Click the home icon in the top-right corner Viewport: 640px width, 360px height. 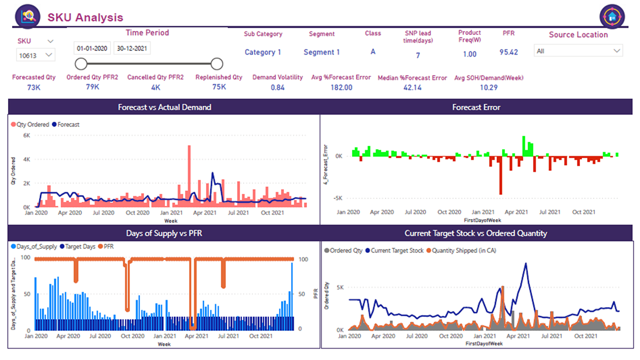click(612, 16)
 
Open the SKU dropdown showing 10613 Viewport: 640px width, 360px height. click(35, 55)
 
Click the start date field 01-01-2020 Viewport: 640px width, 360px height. click(92, 48)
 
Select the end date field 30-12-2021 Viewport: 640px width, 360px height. click(132, 48)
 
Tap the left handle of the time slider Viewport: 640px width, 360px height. click(81, 63)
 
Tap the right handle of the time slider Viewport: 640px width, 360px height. click(217, 63)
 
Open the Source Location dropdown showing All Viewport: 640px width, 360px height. click(578, 51)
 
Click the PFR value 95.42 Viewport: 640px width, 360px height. click(508, 52)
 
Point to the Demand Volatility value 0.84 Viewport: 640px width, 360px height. click(277, 87)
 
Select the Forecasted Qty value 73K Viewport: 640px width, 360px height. click(33, 87)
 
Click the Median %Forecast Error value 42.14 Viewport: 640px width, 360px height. click(412, 87)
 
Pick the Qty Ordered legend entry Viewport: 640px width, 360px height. click(30, 124)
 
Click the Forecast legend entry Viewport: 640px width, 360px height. click(65, 124)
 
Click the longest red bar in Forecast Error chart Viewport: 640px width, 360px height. click(500, 175)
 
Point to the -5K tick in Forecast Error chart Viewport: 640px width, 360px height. click(337, 198)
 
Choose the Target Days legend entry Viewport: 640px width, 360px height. click(77, 246)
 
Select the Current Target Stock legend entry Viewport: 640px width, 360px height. click(394, 250)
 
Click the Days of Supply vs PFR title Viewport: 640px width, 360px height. click(164, 233)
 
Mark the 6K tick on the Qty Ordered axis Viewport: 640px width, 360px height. click(26, 135)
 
